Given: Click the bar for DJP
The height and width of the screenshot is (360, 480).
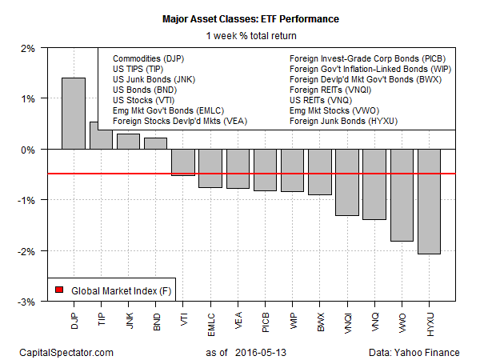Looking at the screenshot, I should click(x=74, y=113).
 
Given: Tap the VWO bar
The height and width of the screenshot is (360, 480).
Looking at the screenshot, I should click(x=401, y=195).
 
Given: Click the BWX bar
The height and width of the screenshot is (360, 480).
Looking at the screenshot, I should click(x=319, y=172).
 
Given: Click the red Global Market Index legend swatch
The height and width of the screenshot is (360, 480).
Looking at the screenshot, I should click(x=59, y=289).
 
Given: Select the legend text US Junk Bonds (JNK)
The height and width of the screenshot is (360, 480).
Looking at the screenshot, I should click(x=150, y=79).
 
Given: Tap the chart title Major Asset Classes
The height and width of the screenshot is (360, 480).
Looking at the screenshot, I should click(x=240, y=18).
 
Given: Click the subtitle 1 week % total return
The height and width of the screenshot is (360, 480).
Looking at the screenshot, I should click(x=240, y=34).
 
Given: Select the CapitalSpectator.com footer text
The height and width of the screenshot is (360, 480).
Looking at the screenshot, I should click(x=64, y=351).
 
